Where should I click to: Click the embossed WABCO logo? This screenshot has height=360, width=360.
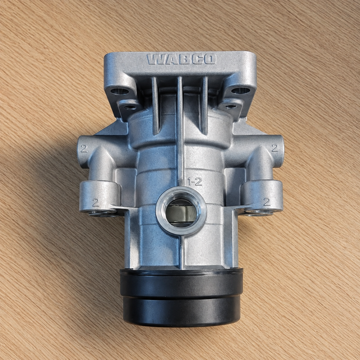click(181, 59)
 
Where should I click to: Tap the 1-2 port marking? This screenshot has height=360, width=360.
click(195, 182)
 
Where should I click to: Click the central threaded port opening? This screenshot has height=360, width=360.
click(181, 213)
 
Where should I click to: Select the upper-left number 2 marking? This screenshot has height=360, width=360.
click(84, 149)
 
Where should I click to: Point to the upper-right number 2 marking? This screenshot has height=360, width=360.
click(275, 148)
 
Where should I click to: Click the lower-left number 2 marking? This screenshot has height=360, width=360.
click(96, 202)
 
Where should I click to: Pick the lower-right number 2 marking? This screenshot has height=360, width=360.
click(267, 202)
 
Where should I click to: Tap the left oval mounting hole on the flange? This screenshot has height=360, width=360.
click(120, 91)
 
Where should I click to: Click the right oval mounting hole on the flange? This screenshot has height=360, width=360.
click(240, 90)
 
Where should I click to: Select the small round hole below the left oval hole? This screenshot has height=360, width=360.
click(130, 107)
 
